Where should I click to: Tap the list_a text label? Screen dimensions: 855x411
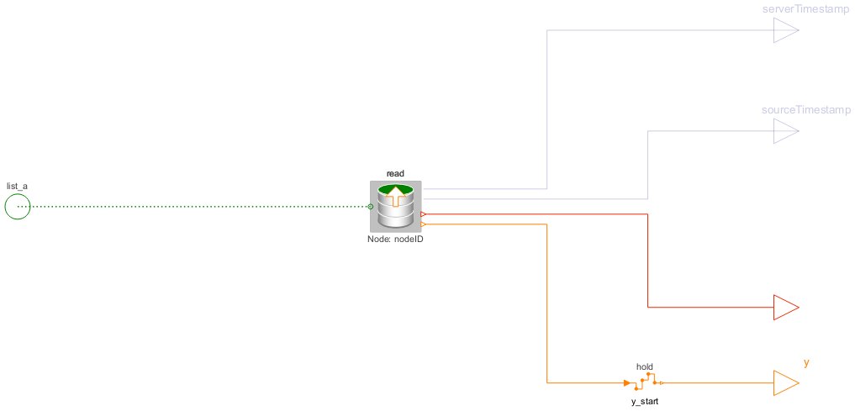(x=17, y=187)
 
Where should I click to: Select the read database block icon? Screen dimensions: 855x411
(x=395, y=207)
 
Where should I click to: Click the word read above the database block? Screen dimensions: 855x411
(x=395, y=173)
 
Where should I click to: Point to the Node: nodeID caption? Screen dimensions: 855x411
(x=395, y=239)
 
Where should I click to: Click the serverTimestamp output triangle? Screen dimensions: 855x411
(x=786, y=30)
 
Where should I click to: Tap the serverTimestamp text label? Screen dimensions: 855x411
(x=806, y=9)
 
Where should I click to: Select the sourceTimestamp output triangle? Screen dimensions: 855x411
(x=786, y=131)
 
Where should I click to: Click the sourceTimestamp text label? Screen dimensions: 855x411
(x=806, y=110)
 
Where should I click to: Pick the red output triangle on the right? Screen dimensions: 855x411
(x=786, y=308)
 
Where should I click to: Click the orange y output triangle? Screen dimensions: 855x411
(x=786, y=382)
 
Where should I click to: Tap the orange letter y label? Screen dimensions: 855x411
(x=806, y=363)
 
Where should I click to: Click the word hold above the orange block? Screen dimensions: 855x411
(x=645, y=366)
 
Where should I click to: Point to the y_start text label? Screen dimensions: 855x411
(x=645, y=402)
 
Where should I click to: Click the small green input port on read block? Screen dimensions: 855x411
(x=371, y=207)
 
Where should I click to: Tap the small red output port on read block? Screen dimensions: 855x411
(x=423, y=214)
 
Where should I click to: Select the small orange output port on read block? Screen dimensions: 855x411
(x=423, y=224)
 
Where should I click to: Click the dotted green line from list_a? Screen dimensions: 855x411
(x=193, y=207)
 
